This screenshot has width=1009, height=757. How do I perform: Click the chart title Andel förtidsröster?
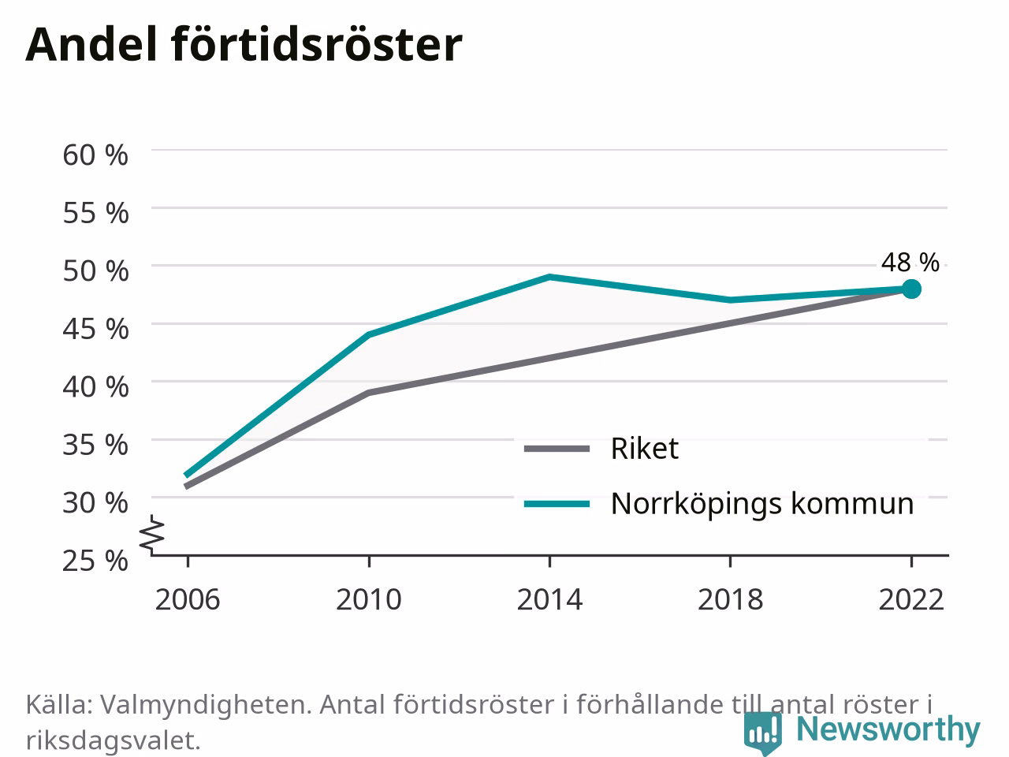coord(244,45)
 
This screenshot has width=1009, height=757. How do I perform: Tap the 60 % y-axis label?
coord(95,155)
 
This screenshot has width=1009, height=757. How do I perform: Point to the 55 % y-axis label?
coord(95,213)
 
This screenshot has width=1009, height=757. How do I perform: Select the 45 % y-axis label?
coord(95,329)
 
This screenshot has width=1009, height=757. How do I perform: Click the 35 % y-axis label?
coord(95,445)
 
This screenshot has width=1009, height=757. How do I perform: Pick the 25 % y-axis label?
coord(95,561)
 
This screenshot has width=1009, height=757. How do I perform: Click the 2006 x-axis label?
coord(188,600)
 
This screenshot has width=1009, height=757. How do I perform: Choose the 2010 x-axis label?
coord(369,600)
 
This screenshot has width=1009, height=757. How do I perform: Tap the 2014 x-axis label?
coord(549,600)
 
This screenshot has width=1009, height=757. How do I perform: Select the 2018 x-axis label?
coord(731,600)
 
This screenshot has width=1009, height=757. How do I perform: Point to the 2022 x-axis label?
coord(911,600)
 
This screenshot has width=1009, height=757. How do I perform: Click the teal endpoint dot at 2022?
coord(911,289)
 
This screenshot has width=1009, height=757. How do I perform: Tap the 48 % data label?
coord(910,263)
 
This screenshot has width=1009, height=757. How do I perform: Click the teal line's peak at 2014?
coord(549,277)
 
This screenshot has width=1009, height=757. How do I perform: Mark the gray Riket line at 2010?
coord(369,393)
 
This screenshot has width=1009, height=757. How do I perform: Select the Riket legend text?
coord(645,448)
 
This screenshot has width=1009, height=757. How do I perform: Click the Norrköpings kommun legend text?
coord(762,504)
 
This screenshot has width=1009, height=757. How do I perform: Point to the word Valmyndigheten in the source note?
coord(206,705)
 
